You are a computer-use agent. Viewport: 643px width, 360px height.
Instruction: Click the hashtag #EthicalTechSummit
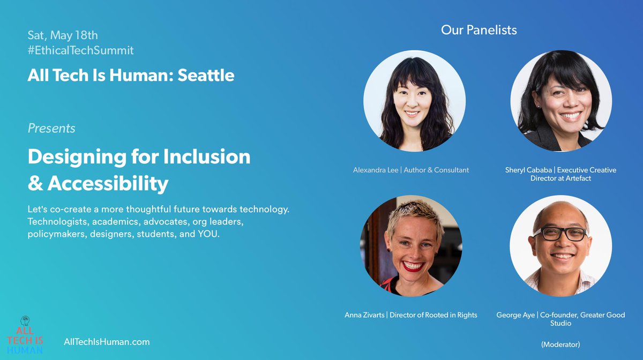(x=80, y=50)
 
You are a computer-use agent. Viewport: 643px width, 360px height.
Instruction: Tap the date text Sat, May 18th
(x=63, y=35)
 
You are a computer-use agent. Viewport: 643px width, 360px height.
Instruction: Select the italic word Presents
(x=51, y=129)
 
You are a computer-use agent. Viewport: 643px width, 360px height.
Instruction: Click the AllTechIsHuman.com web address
(x=107, y=342)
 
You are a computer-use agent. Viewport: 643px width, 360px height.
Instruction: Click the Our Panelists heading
(x=478, y=30)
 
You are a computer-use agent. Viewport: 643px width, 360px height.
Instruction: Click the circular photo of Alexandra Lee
(x=414, y=101)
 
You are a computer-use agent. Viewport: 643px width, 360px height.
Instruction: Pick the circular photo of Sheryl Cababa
(x=560, y=101)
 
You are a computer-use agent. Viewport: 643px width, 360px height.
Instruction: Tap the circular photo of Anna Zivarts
(x=411, y=246)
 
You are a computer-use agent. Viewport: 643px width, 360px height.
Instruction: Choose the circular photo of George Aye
(x=560, y=246)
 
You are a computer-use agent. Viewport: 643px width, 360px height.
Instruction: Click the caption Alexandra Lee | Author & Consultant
(x=411, y=170)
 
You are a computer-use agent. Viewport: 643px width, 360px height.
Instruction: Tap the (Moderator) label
(x=560, y=344)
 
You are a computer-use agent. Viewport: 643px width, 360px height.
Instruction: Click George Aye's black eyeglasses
(x=559, y=234)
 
